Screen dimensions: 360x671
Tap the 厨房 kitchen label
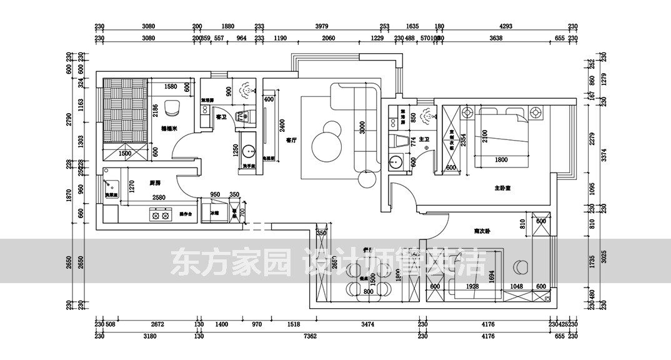[156, 183]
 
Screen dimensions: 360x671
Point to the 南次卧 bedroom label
[481, 231]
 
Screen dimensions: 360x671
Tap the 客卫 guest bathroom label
[221, 117]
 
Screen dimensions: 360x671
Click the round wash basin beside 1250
[250, 151]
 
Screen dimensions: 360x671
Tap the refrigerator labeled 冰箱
[214, 213]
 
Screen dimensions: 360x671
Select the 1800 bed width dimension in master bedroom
[500, 160]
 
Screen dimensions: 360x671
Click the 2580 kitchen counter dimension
[159, 197]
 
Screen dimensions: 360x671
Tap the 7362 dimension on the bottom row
[311, 336]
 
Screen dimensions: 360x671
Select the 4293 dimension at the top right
[506, 27]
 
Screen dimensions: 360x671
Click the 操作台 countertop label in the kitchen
[186, 214]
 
